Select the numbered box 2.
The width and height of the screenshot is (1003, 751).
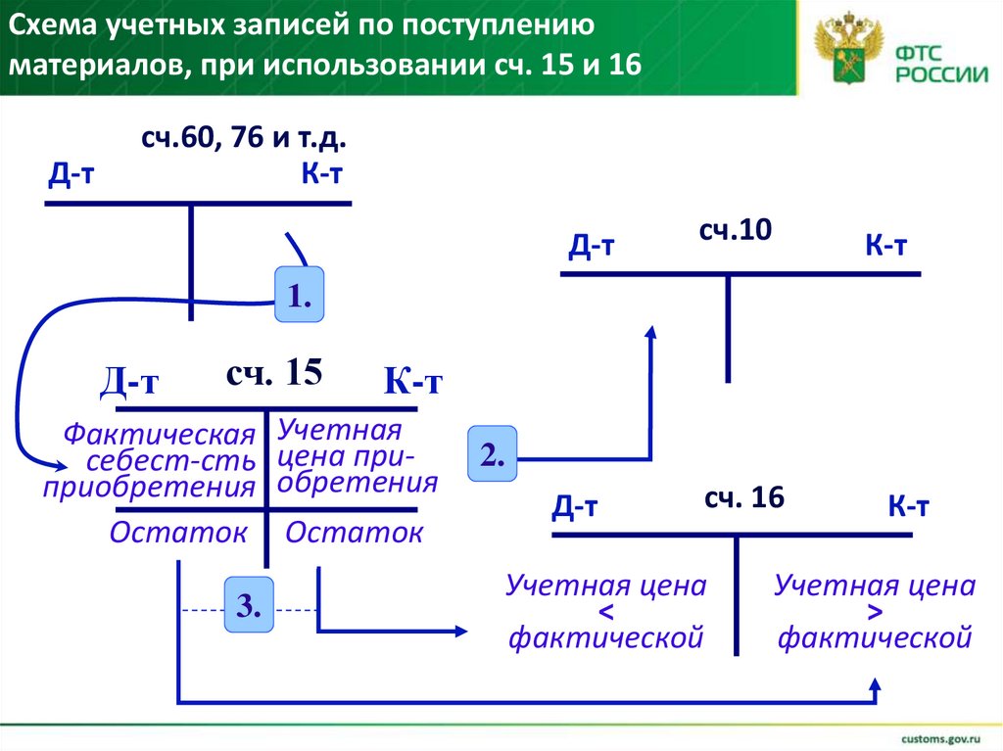tap(492, 455)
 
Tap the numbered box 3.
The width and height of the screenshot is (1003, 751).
tap(249, 607)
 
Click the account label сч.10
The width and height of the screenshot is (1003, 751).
tap(736, 231)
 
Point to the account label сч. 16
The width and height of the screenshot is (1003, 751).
tap(743, 497)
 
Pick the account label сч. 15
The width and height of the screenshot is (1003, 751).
tap(273, 373)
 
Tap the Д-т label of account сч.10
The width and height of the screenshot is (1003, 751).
tap(592, 247)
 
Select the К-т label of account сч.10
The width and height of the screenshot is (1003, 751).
tap(885, 247)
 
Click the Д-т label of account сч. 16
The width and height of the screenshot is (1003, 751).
tap(575, 505)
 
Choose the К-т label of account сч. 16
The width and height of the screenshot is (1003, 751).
tap(908, 506)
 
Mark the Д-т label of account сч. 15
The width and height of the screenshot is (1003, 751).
tap(129, 381)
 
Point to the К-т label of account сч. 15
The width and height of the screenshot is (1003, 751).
tap(412, 381)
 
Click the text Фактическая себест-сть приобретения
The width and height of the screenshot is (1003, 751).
tap(150, 460)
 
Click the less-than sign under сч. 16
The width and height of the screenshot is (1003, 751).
tap(605, 613)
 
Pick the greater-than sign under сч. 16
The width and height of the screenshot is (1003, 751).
tap(875, 613)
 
